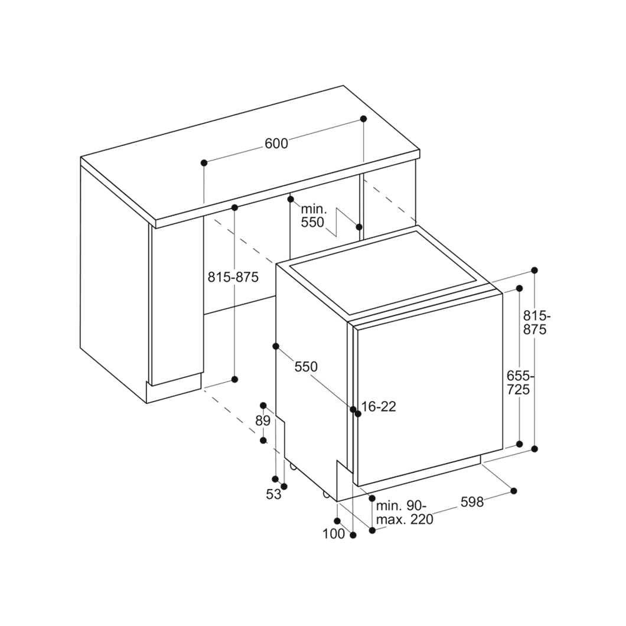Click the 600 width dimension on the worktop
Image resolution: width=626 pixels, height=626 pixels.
pos(276,144)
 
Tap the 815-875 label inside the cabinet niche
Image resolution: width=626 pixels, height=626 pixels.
pos(233,276)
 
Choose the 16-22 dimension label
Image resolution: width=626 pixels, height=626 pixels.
pos(379,406)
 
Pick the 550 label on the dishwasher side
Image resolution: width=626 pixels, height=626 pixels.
pos(306,367)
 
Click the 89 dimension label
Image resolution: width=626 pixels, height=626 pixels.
pos(263,421)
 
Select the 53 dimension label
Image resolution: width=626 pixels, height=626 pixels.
pos(273,494)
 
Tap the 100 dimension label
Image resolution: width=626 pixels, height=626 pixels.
pos(333,533)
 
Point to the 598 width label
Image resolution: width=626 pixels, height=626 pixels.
pos(472,502)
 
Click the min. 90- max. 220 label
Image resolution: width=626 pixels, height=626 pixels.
pos(405,513)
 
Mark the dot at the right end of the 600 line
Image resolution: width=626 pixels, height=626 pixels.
pos(363,119)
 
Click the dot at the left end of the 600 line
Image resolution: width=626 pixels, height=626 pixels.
pos(204,162)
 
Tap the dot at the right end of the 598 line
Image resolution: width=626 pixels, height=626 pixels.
pos(514,491)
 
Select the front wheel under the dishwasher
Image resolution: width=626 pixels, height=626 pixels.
pos(326,495)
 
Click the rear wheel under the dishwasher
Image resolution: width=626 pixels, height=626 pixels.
pos(293,465)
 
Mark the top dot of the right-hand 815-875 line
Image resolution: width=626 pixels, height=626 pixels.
pos(534,270)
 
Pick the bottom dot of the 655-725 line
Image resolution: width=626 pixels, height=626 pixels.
pos(520,444)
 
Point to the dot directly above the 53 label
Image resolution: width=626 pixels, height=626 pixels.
pos(275,479)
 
